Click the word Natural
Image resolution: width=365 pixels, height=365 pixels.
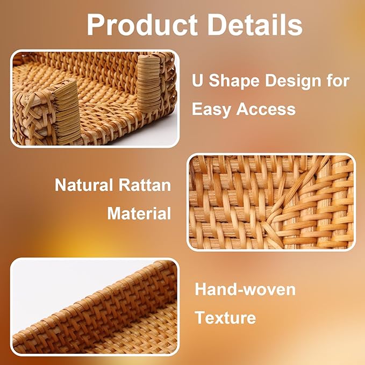(82, 186)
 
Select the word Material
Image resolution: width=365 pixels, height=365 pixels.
(139, 213)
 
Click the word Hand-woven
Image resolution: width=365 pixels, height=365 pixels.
(245, 290)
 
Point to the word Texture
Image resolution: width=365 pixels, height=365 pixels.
(225, 317)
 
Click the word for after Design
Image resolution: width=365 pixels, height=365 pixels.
(337, 82)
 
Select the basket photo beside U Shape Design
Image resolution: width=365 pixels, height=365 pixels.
(95, 98)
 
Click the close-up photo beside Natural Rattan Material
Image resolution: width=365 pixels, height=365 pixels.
(271, 202)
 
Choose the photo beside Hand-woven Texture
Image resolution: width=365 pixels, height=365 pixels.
(95, 306)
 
